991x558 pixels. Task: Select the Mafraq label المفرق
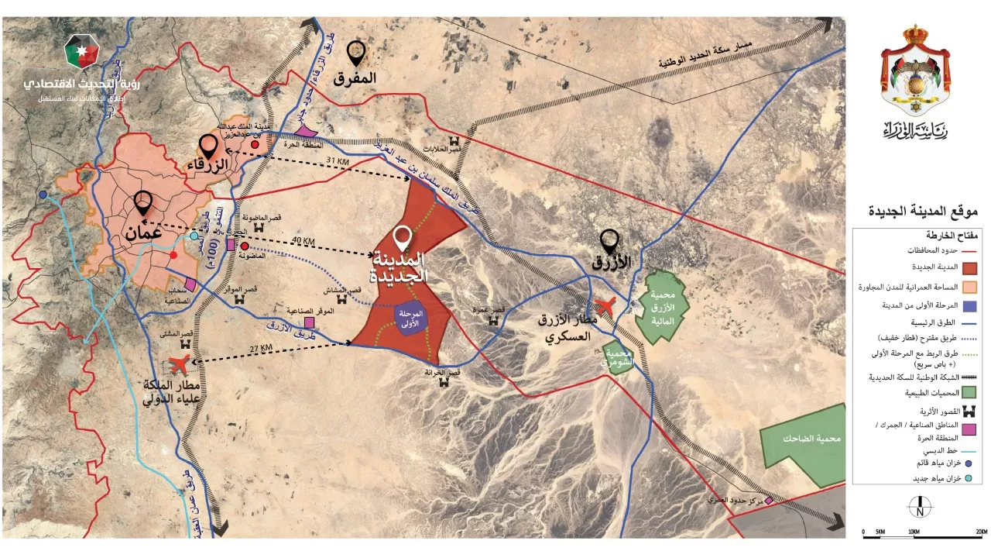point(355,77)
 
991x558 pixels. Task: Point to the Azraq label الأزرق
point(612,262)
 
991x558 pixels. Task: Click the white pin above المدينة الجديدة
point(402,238)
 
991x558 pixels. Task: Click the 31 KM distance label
point(338,161)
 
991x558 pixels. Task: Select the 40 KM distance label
point(303,241)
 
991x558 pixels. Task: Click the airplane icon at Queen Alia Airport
point(179,363)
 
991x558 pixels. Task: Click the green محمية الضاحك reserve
point(805,439)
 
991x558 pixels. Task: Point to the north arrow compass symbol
point(919,507)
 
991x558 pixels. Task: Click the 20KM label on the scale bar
point(981,532)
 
